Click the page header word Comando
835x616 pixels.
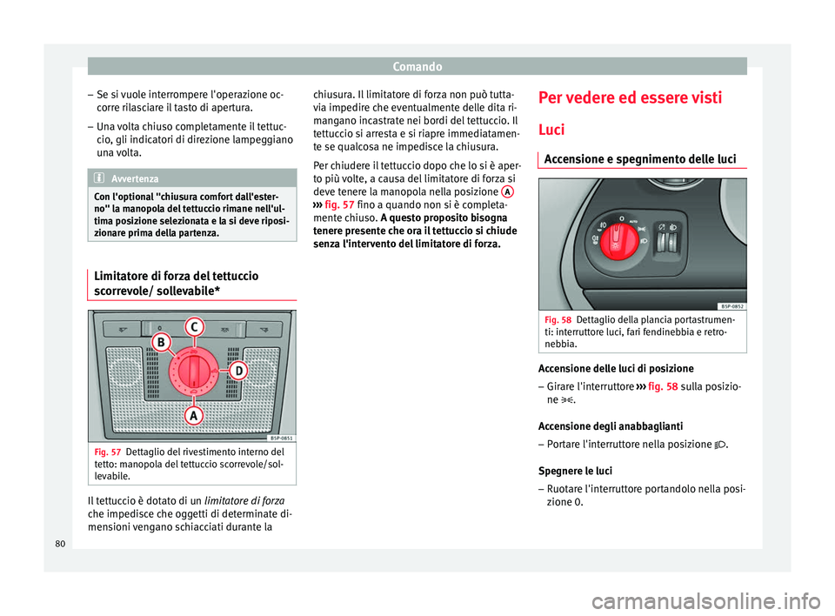(x=417, y=65)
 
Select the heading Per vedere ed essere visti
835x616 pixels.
(x=630, y=97)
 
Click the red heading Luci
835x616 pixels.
(x=551, y=129)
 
